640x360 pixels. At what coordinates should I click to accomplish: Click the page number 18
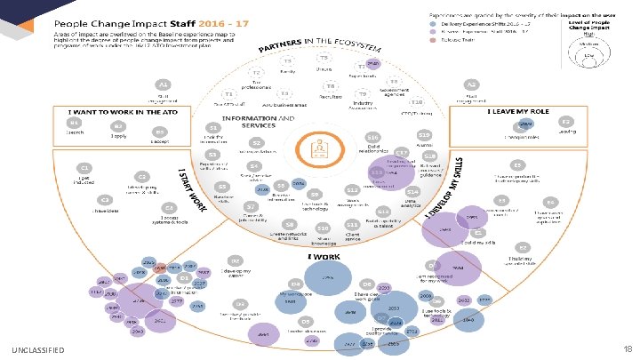[x=627, y=350]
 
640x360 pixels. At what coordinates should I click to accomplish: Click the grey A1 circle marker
[x=164, y=84]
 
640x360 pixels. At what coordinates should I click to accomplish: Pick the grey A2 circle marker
[x=472, y=84]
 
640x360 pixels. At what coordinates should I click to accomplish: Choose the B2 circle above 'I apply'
[x=117, y=127]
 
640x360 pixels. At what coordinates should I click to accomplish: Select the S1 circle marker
[x=189, y=128]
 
